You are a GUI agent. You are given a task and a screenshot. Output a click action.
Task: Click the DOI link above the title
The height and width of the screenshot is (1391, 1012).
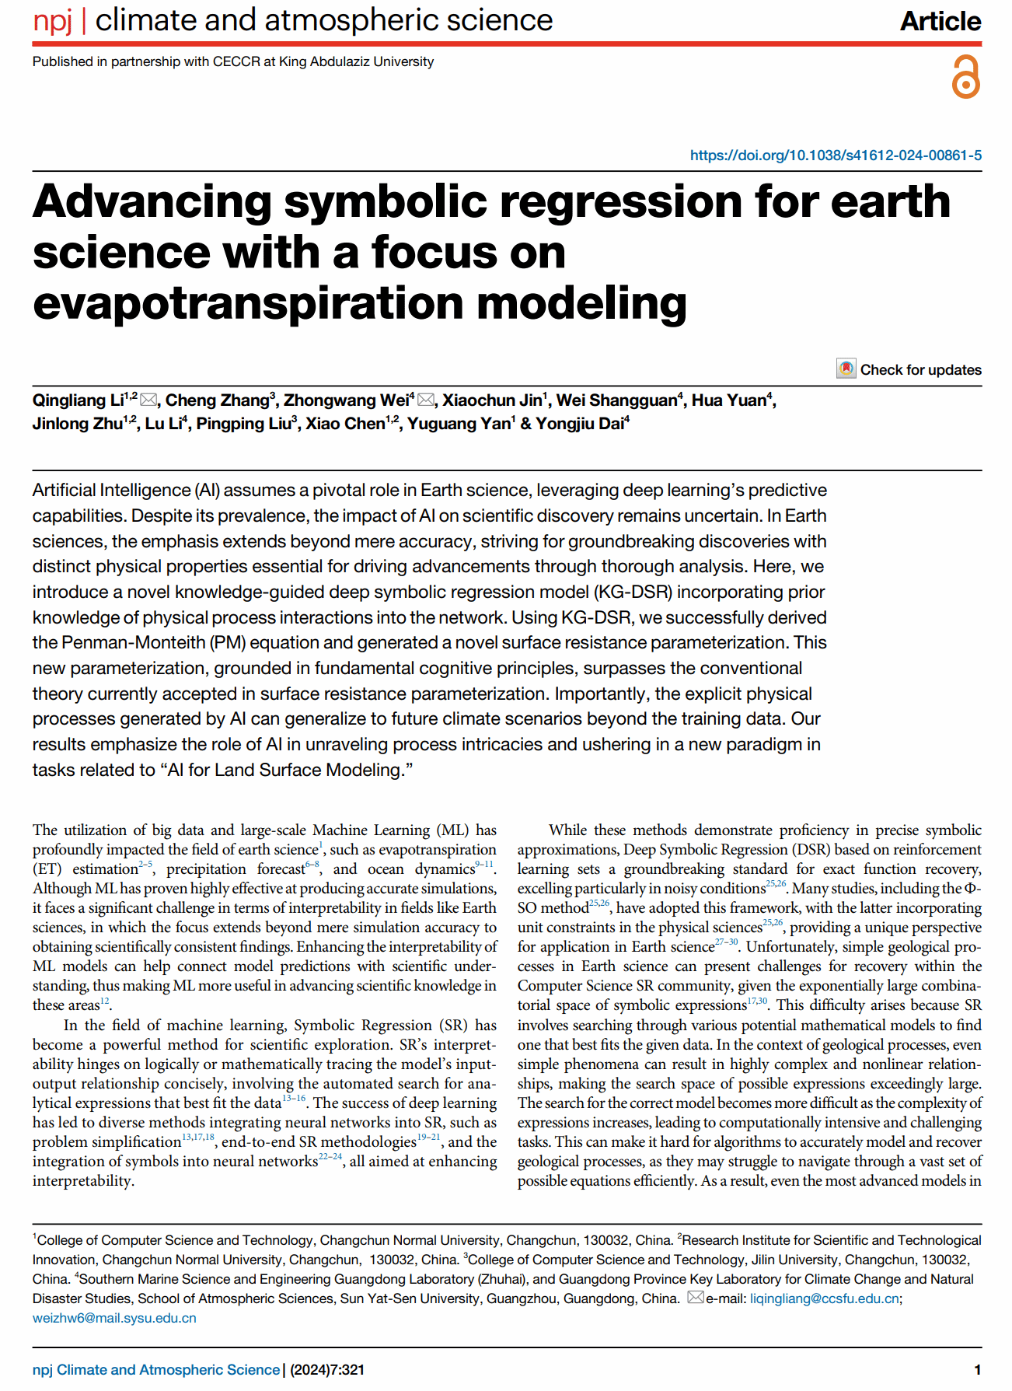click(x=836, y=156)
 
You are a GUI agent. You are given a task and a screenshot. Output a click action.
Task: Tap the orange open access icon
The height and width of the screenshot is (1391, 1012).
click(x=966, y=77)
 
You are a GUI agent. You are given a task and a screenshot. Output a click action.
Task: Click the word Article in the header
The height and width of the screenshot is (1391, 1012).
click(x=940, y=21)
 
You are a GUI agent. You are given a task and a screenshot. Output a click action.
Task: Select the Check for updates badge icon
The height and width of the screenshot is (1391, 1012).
click(x=846, y=369)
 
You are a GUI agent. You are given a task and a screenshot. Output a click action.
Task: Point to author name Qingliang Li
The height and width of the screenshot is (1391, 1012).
click(x=78, y=400)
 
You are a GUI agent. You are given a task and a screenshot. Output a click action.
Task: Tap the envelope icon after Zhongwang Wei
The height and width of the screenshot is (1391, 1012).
click(x=426, y=400)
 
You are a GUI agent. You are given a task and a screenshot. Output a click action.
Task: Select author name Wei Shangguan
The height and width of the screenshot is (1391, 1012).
click(x=616, y=400)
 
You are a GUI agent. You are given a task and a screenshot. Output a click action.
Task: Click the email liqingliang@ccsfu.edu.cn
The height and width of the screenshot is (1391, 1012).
click(x=824, y=1298)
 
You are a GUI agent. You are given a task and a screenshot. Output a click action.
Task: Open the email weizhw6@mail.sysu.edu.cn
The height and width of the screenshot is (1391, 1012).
click(x=114, y=1318)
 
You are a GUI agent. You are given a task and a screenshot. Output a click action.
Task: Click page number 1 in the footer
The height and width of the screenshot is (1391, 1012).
click(x=977, y=1369)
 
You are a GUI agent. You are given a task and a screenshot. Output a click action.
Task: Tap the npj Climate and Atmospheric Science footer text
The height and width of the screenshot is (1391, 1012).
click(x=156, y=1369)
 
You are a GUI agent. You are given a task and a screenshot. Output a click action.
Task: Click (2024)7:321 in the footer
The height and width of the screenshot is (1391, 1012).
click(x=327, y=1369)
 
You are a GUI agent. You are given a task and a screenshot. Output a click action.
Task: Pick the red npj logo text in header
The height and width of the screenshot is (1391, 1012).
click(x=52, y=21)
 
